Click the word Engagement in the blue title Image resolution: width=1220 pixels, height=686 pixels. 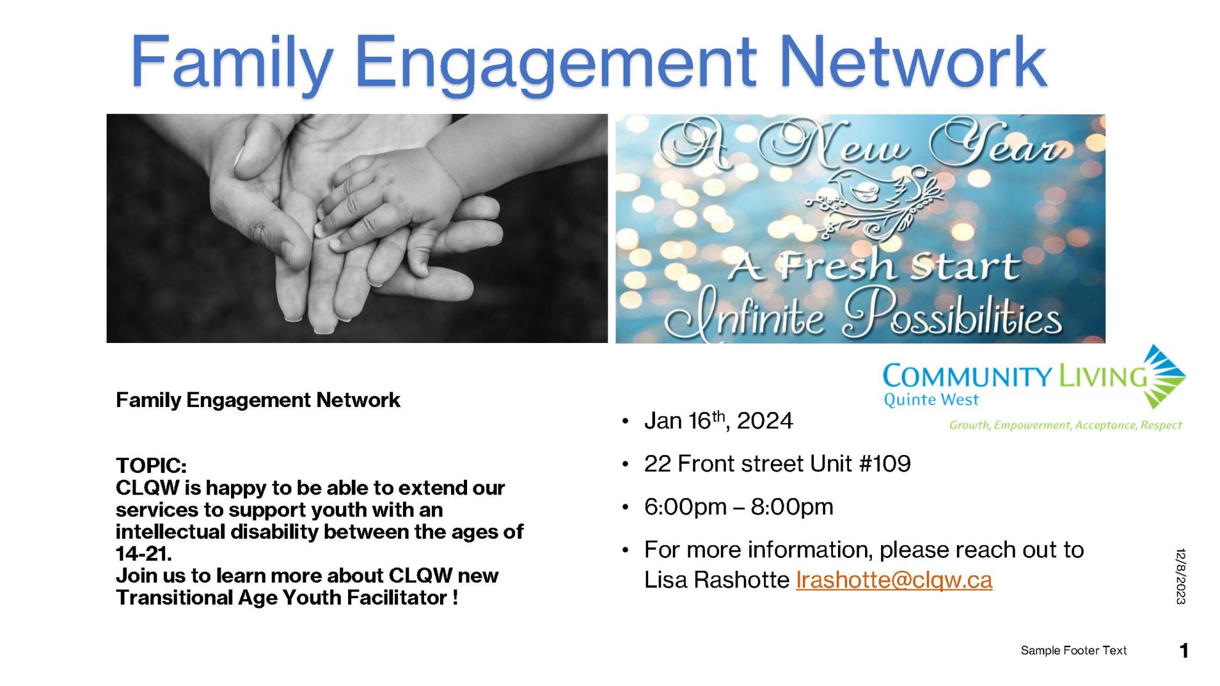pos(555,64)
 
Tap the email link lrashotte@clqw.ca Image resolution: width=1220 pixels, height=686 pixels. pos(894,580)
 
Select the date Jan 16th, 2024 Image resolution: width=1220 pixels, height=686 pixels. pos(718,421)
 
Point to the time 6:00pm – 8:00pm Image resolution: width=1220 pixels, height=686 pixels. pos(739,507)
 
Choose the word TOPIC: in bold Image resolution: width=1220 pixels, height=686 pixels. pos(151,466)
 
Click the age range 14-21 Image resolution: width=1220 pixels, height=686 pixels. pos(144,554)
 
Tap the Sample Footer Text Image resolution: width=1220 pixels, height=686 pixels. pos(1073,650)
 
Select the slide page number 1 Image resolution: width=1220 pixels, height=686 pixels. pos(1184,650)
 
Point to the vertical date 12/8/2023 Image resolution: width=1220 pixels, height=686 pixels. pos(1181,576)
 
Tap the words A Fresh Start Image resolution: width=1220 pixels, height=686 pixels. pos(874,266)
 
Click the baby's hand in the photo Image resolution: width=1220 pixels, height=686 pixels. pos(394,203)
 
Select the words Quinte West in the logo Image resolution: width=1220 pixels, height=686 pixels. pos(931,400)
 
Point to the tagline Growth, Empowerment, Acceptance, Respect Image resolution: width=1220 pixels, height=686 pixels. pos(1065,425)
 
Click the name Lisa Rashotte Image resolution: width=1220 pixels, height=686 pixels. pos(717,580)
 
